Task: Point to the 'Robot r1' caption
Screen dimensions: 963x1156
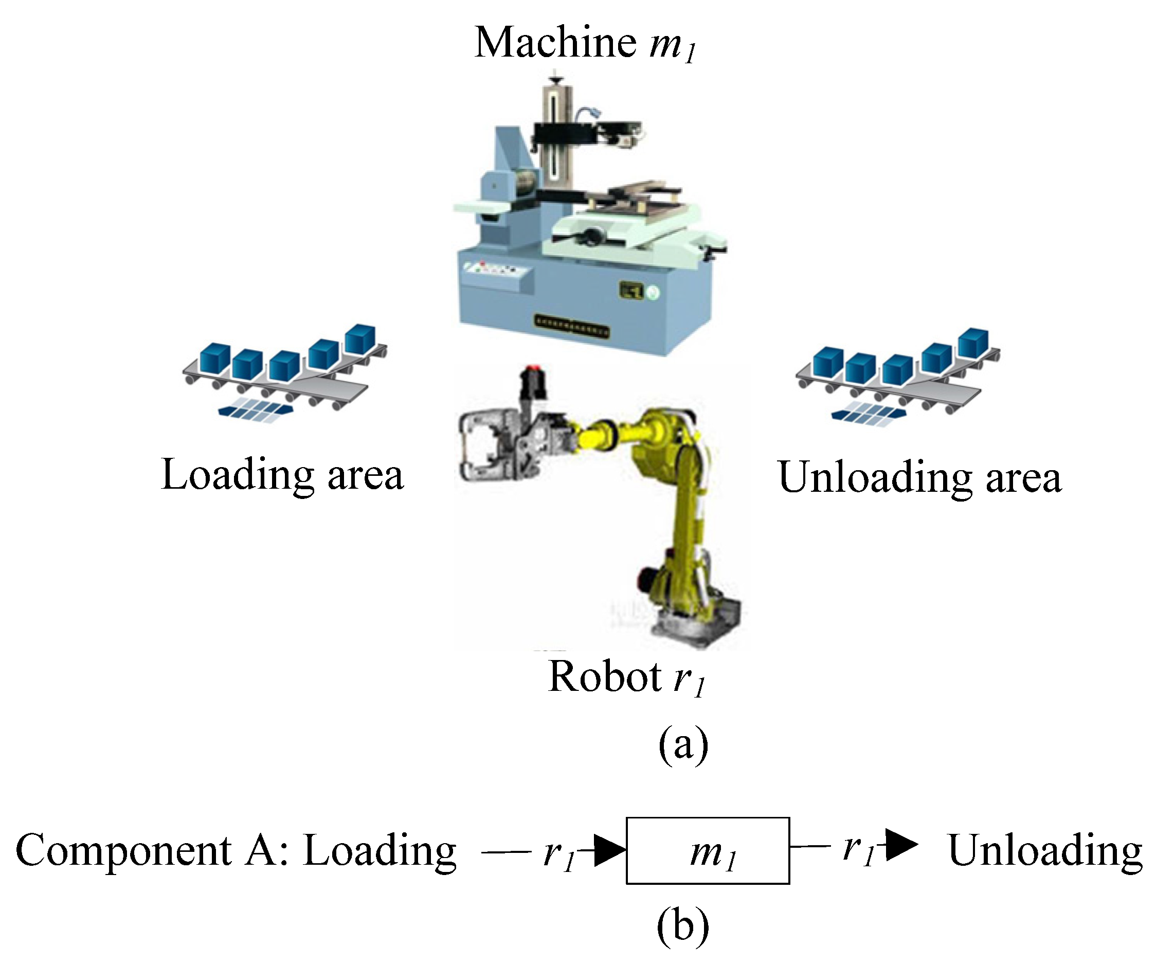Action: (x=626, y=678)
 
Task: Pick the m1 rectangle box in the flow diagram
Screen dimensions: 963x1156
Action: (x=708, y=851)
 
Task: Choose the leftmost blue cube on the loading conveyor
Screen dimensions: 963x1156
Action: (x=214, y=359)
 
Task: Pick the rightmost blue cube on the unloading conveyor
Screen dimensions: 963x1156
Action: (x=973, y=343)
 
